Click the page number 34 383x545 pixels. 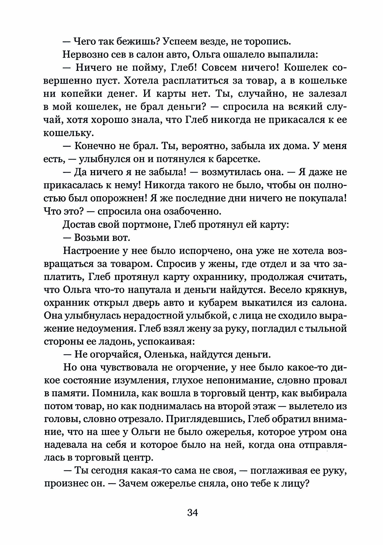192,513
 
